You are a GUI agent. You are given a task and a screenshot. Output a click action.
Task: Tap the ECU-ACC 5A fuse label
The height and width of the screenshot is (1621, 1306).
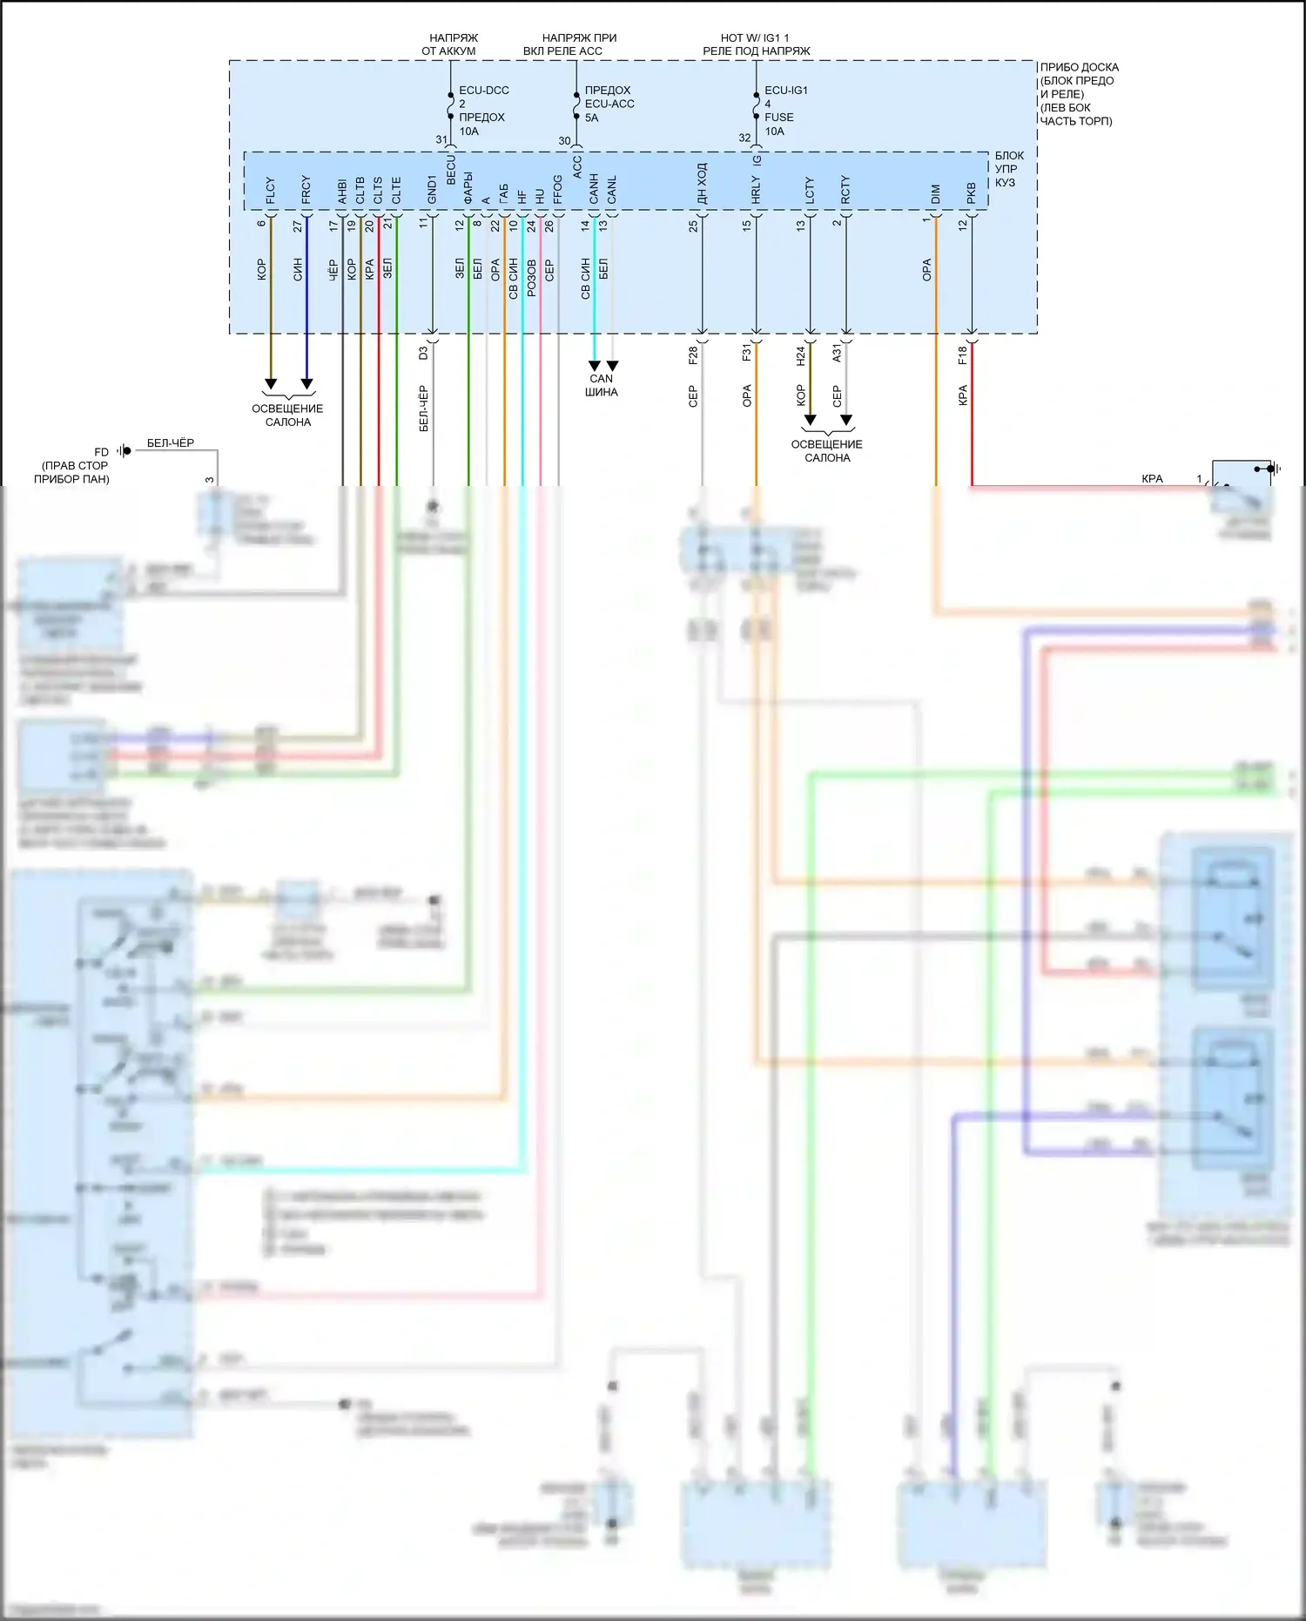coord(609,104)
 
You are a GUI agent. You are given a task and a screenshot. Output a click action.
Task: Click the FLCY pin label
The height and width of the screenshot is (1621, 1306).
coord(271,191)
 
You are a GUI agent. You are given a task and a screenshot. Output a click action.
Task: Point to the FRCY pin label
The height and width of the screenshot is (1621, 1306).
coord(306,190)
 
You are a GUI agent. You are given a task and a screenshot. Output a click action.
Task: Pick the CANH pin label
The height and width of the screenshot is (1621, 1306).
coord(594,189)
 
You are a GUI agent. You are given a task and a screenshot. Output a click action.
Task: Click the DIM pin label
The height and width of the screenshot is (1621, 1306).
coord(936,193)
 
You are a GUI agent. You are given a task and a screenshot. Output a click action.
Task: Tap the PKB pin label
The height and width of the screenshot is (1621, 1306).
coord(972,193)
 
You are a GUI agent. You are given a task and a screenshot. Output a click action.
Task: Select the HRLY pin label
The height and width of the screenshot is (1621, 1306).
coord(756,190)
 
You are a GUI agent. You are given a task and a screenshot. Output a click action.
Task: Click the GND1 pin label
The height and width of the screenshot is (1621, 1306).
coord(432,189)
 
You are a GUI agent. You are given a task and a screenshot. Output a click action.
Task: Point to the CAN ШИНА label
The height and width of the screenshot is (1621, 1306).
coord(602,385)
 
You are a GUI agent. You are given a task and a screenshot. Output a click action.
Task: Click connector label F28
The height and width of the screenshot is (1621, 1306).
coord(693,355)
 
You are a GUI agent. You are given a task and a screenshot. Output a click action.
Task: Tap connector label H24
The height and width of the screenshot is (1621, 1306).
coord(801,355)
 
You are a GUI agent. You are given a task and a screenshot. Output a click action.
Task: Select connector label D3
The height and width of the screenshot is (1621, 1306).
coord(423,353)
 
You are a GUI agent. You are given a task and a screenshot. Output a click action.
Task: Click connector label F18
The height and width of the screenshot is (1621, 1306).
coord(962,355)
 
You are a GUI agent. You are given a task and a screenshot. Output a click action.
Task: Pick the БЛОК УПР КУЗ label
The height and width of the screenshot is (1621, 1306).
coord(1009,169)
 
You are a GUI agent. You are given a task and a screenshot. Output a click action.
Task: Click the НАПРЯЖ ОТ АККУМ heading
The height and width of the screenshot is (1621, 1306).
coord(449,44)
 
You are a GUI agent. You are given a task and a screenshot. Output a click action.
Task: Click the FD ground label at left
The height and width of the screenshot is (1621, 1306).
coord(102,452)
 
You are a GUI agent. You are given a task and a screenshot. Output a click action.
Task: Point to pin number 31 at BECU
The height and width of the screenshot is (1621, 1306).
coord(441,139)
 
